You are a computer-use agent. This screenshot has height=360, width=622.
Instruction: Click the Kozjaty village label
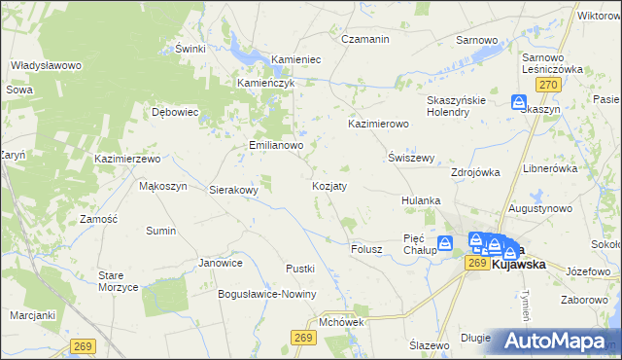point(329,185)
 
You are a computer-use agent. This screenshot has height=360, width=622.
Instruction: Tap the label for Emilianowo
point(273,146)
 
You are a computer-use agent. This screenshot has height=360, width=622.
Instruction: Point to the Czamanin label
point(365,39)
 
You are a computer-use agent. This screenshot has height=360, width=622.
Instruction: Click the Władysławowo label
point(45,65)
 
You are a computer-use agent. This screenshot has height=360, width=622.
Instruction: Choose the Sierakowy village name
point(234,191)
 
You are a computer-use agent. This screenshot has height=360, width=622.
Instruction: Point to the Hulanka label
point(421,200)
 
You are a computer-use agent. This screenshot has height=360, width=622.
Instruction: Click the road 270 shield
point(550,86)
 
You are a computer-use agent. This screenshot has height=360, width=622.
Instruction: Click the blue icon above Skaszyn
point(520,101)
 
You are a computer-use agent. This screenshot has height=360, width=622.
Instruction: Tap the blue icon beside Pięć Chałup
point(445,243)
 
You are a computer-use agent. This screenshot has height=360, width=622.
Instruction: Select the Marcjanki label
point(33,315)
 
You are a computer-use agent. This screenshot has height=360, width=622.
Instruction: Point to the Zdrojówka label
point(475,172)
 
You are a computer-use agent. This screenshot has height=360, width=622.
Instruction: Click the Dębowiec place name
point(176,112)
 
